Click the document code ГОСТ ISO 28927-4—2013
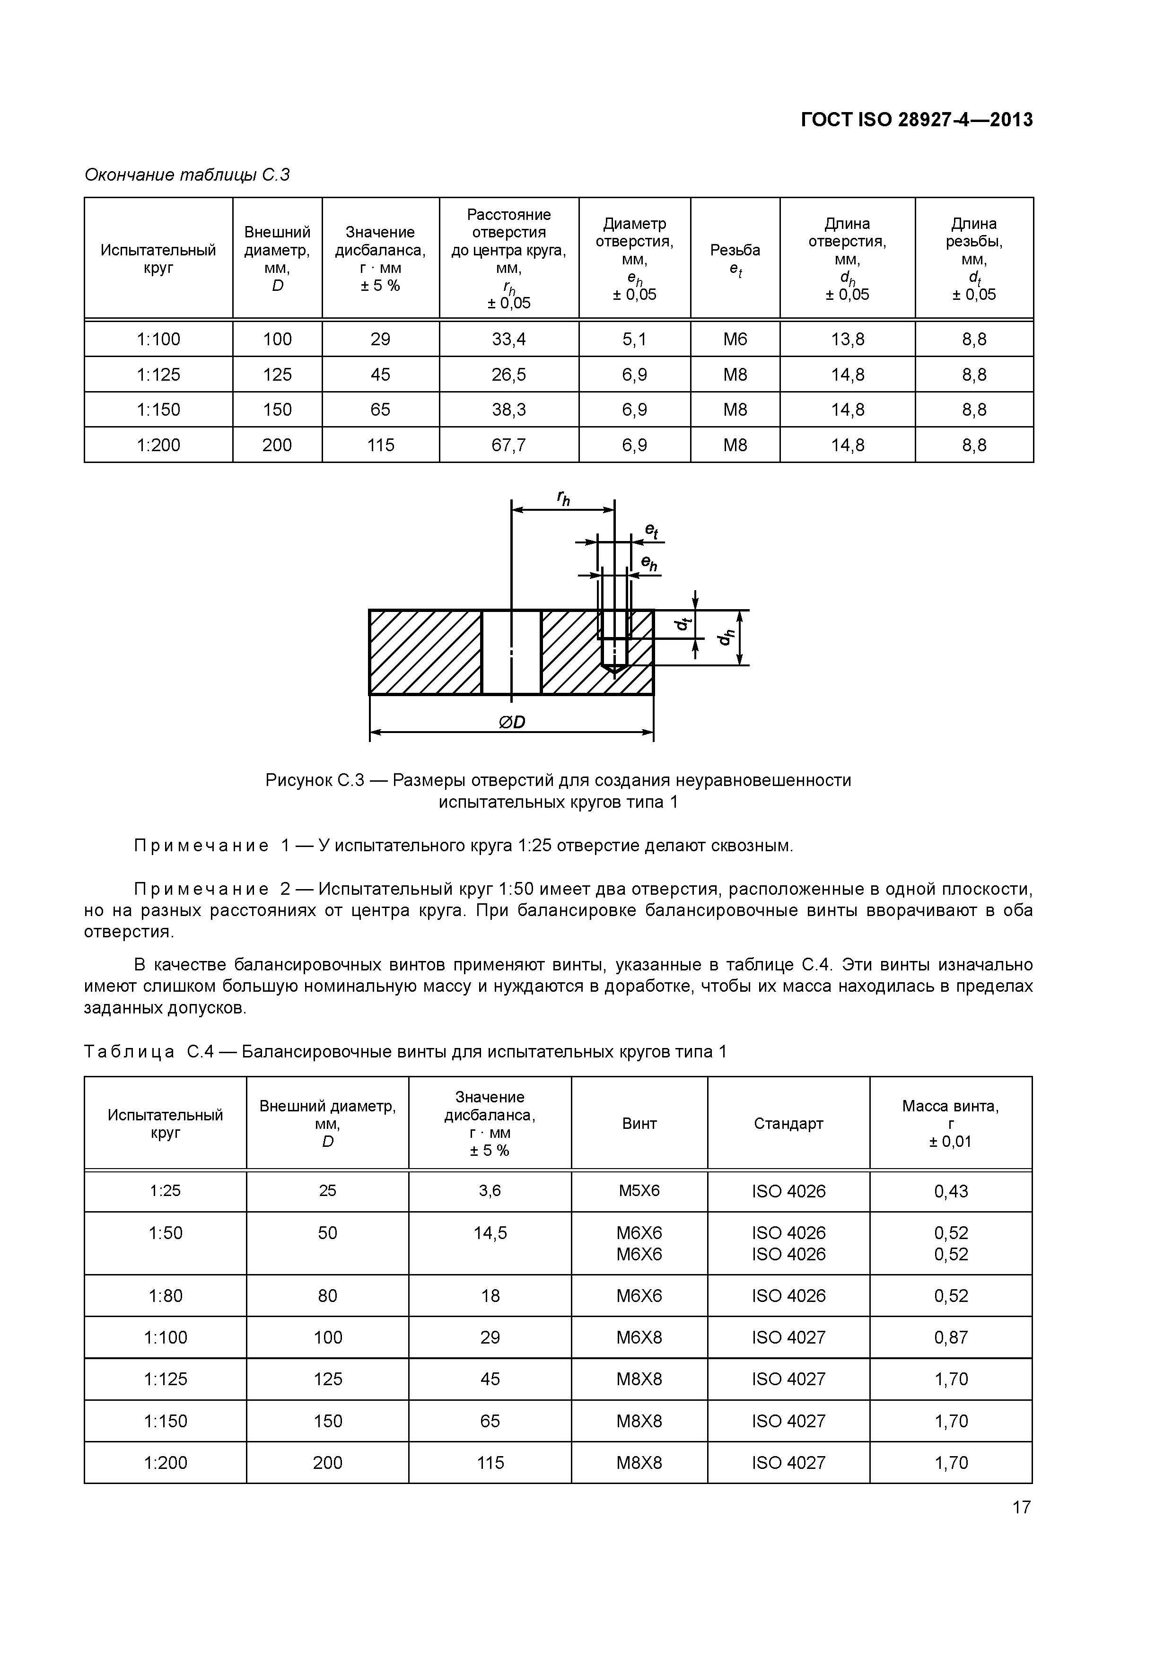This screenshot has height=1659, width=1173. pos(917,120)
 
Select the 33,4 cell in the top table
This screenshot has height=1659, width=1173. pos(509,339)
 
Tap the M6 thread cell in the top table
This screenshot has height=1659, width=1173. pos(735,339)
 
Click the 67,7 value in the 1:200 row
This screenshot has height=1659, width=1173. pos(509,445)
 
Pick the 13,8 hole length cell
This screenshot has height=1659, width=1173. pos(847,339)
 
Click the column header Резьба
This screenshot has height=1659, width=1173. pos(735,251)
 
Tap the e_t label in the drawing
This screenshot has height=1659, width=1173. pos(651,531)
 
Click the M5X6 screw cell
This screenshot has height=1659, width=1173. pos(639,1190)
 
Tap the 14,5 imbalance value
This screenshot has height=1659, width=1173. pos(490,1233)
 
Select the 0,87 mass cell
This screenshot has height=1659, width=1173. pos(950,1337)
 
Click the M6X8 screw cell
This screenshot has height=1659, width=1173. pos(639,1337)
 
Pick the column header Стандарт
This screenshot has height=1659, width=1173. pos(788,1124)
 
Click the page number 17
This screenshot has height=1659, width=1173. pos(1021,1507)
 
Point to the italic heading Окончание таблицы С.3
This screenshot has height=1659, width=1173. pos(187,175)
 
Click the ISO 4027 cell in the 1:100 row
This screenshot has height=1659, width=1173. pos(788,1337)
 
